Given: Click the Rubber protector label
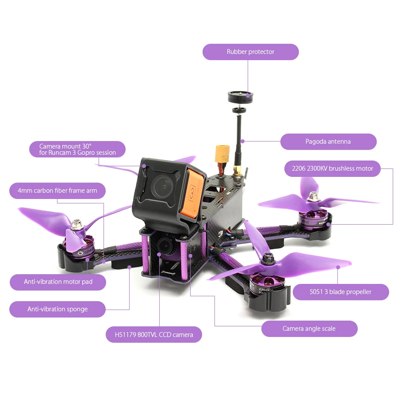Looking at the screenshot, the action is point(250,52).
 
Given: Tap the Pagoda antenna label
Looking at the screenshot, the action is point(328,142).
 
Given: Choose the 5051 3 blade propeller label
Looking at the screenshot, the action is point(341,292).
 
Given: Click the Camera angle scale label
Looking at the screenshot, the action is point(309,329).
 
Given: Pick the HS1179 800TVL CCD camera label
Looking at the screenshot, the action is point(154,335).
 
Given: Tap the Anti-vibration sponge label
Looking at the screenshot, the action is point(57,309).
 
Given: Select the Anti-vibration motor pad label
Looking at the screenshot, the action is point(58,282).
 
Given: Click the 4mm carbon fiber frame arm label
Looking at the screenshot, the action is point(57,191).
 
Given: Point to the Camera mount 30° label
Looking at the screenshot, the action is point(77,149).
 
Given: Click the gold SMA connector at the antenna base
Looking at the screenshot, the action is point(236,171).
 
